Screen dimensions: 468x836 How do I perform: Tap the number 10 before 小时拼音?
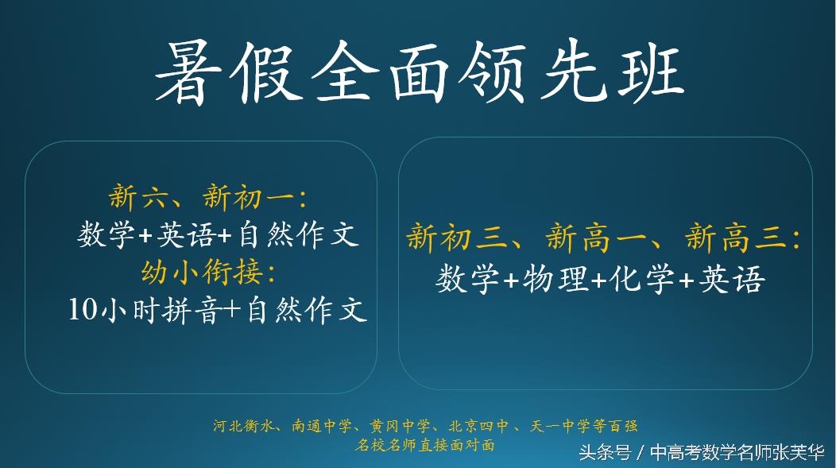coord(82,309)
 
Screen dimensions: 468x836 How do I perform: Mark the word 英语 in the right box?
coord(732,279)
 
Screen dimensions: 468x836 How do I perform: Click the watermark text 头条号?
coord(604,453)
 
